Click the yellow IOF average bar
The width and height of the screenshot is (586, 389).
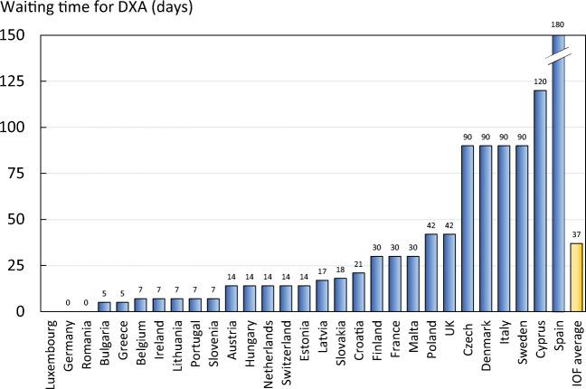(x=575, y=277)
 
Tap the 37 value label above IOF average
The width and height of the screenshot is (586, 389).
(x=575, y=235)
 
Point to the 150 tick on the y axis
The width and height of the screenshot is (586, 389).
(x=16, y=36)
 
